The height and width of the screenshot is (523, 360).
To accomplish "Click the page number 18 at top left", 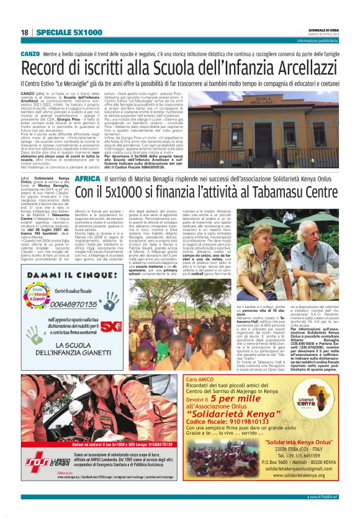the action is [25, 32].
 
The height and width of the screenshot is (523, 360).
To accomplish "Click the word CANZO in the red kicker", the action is [31, 55].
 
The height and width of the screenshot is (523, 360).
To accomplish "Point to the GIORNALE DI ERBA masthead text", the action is [323, 29].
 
